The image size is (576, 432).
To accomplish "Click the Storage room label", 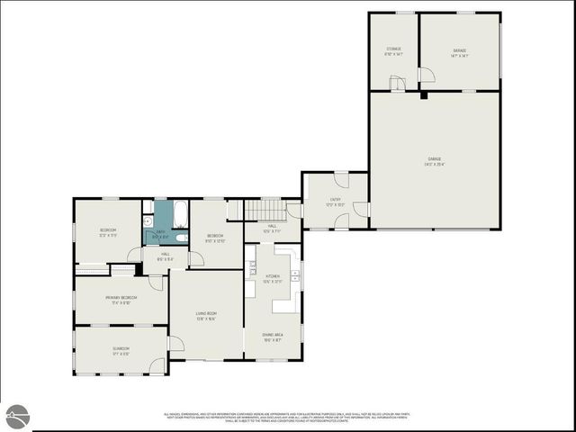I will pos(393,51).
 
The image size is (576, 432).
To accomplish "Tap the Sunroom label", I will pos(121,350).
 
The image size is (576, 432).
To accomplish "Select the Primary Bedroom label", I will pos(121,299).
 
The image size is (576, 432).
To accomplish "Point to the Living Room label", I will pos(206,315).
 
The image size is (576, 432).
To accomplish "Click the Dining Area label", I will pos(273,337).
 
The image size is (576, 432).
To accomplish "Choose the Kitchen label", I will pos(273,279).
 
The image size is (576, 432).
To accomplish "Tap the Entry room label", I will pos(335,202).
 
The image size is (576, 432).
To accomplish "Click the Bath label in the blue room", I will pos(161,234).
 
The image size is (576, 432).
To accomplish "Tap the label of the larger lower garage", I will pos(436,163).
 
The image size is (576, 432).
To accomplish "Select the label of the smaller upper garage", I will pos(459,51).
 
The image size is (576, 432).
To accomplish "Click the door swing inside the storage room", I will pos(395,84).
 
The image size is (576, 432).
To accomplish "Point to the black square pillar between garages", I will pos(423,94).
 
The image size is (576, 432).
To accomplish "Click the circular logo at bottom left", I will pos(17,416).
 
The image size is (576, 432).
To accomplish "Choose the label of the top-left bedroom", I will pos(107,233).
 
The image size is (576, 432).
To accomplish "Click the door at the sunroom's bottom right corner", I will pos(158,366).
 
